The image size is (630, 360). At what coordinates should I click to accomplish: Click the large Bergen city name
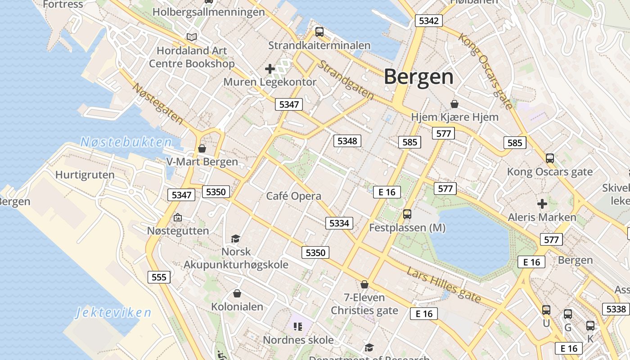click(x=418, y=76)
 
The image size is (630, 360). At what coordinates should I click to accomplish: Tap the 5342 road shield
click(x=428, y=21)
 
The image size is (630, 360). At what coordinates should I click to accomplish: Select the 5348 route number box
click(x=347, y=141)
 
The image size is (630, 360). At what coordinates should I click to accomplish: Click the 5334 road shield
click(x=339, y=223)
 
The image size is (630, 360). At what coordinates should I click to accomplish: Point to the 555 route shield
click(x=159, y=277)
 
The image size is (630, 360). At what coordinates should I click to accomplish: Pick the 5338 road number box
click(x=616, y=309)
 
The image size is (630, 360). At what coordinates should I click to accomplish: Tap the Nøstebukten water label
click(x=126, y=143)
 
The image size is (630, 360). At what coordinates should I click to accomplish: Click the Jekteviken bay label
click(x=113, y=312)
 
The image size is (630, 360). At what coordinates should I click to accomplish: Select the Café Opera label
click(x=293, y=196)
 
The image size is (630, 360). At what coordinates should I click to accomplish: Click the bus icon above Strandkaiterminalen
click(x=319, y=31)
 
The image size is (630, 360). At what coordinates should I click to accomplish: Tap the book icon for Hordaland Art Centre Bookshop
click(x=192, y=37)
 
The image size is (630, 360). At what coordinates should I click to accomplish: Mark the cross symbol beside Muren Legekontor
click(x=270, y=69)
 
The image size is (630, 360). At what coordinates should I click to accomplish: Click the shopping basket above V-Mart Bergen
click(x=202, y=148)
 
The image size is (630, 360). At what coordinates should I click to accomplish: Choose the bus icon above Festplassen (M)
click(x=407, y=214)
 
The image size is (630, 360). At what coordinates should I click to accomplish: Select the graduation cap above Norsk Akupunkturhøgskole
click(x=235, y=238)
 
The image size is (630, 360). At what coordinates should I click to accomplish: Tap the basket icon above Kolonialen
click(x=237, y=293)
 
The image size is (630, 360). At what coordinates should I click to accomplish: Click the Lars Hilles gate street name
click(x=443, y=284)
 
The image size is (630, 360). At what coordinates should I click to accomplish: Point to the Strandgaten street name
click(x=346, y=80)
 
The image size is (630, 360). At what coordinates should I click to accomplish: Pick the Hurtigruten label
click(x=85, y=175)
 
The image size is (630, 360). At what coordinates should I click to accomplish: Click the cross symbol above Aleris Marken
click(x=542, y=204)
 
